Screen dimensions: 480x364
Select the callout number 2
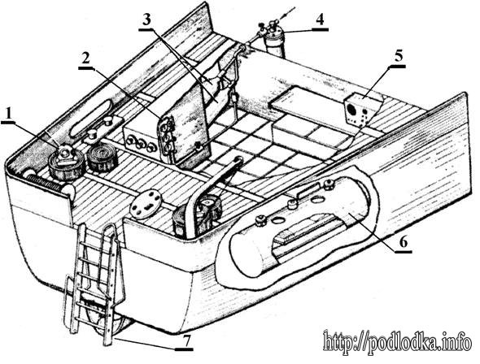pyautogui.click(x=85, y=59)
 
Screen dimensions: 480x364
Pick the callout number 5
pyautogui.click(x=399, y=57)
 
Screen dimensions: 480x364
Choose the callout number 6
pyautogui.click(x=403, y=243)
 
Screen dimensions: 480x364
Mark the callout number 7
pyautogui.click(x=186, y=340)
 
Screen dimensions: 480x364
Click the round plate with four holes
pyautogui.click(x=146, y=204)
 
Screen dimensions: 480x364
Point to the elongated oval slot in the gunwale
pyautogui.click(x=91, y=118)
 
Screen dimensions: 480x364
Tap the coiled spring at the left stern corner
pyautogui.click(x=45, y=181)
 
